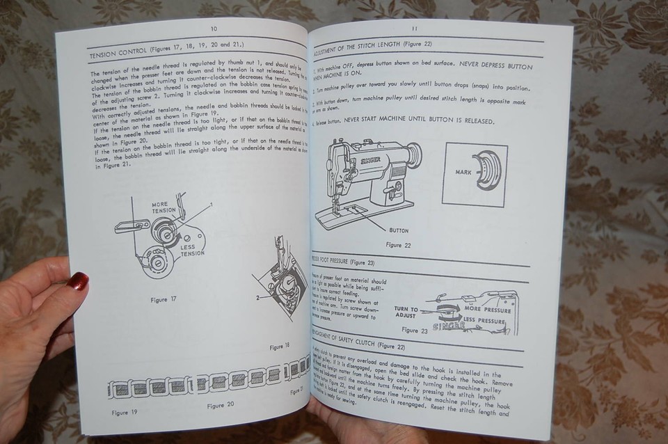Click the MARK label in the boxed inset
click(x=463, y=171)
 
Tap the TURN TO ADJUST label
click(x=406, y=312)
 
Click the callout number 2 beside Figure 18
click(x=257, y=297)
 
